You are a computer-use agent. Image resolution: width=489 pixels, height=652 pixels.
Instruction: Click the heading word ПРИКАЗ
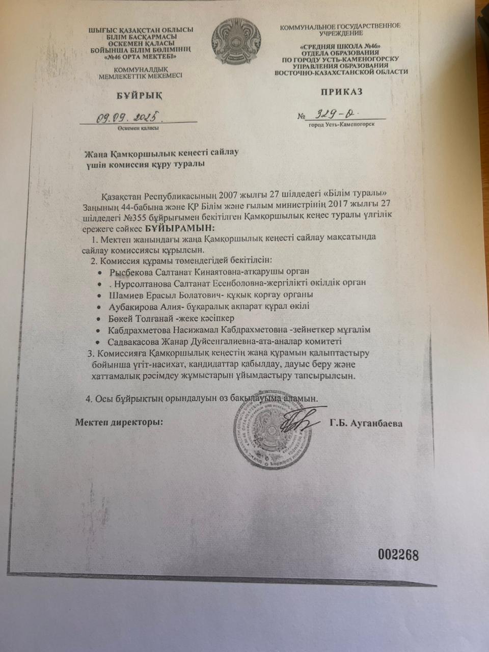click(x=341, y=92)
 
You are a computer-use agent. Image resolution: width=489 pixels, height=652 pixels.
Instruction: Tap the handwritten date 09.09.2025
click(x=129, y=117)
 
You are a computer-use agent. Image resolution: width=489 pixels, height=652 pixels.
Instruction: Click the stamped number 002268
click(x=398, y=555)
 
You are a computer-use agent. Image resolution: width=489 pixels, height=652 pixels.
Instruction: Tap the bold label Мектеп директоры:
click(x=119, y=422)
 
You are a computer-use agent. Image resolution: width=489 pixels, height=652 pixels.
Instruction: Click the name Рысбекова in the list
click(x=131, y=271)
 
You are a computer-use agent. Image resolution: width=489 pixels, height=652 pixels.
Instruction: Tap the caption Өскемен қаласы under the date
click(x=137, y=128)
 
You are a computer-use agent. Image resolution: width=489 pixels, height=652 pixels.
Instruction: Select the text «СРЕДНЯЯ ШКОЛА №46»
click(x=341, y=46)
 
